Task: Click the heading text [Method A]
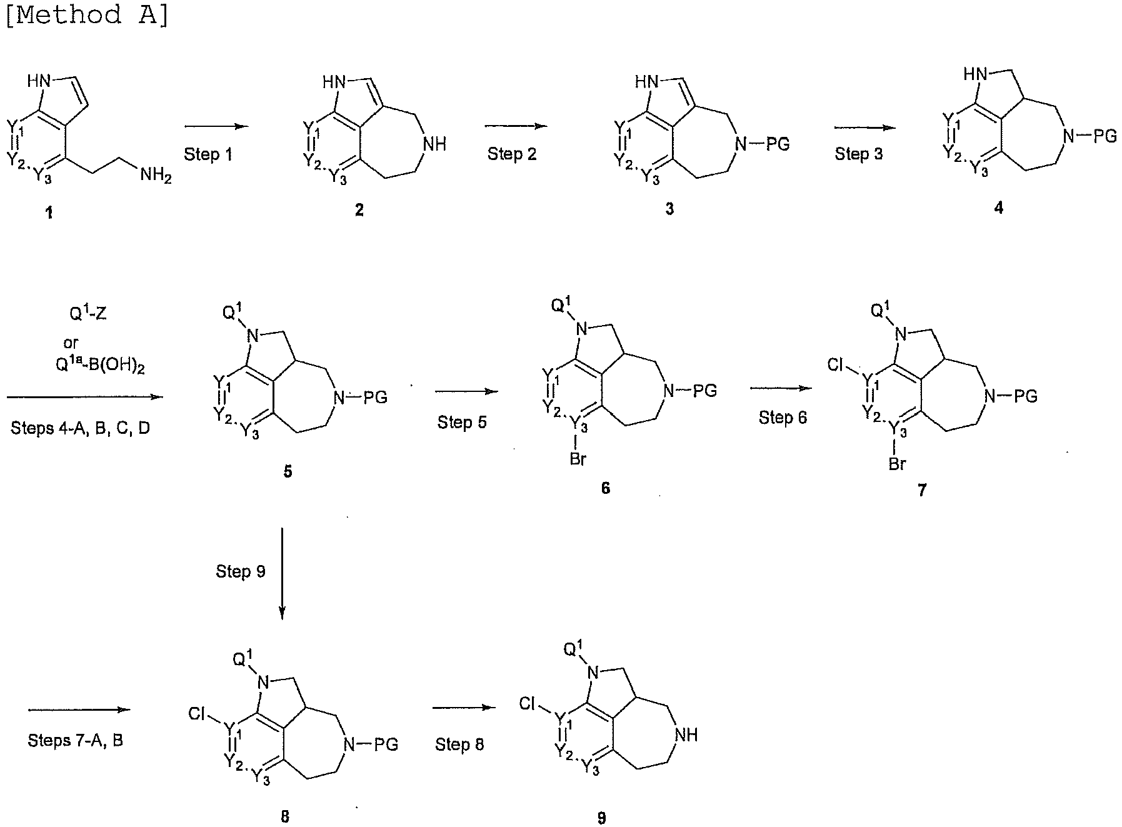(87, 14)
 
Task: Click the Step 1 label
(208, 154)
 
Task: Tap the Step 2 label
(512, 154)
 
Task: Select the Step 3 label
(859, 154)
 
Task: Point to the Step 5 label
(462, 423)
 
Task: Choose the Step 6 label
(783, 418)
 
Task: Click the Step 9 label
(241, 571)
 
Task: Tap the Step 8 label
(459, 744)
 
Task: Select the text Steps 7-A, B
(76, 741)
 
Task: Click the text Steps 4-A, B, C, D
(81, 428)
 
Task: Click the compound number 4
(998, 208)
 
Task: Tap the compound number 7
(922, 491)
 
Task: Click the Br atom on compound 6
(578, 459)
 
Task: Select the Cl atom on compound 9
(528, 704)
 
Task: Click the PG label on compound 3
(778, 144)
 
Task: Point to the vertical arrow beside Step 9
(282, 573)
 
